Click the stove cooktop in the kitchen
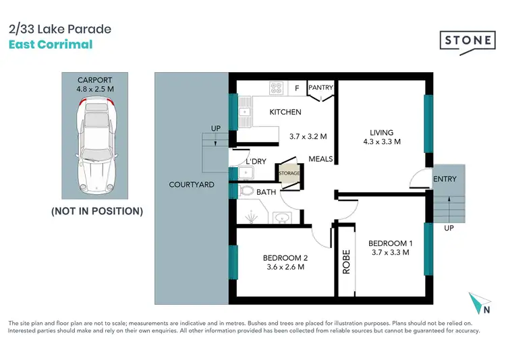[x=277, y=88]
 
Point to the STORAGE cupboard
[x=289, y=174]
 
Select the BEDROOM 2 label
[x=285, y=257]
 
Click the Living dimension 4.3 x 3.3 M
[x=381, y=142]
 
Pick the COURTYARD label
[x=192, y=184]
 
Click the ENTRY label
[x=445, y=179]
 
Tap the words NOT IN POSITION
[x=97, y=211]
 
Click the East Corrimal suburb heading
[x=51, y=45]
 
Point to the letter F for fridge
[x=297, y=88]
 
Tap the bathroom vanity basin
[x=282, y=217]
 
